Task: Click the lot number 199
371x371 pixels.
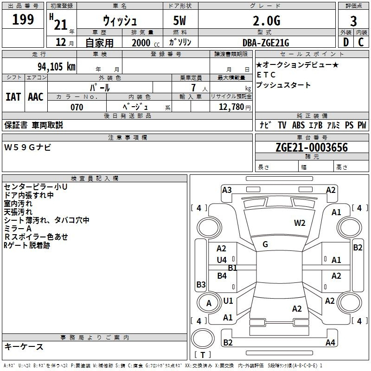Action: point(23,20)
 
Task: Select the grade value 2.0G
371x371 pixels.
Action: point(267,21)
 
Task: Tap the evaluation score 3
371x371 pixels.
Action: point(353,21)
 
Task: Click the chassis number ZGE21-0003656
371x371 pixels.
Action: point(312,148)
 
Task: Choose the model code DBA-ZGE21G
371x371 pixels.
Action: point(266,43)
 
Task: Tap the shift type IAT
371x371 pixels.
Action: point(13,97)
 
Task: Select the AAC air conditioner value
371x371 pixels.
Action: point(36,97)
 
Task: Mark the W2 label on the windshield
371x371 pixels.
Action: point(300,223)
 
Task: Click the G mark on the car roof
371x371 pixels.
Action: point(265,244)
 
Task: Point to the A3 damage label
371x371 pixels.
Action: point(227,190)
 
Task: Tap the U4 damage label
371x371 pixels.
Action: point(222,260)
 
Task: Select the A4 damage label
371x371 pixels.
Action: point(330,343)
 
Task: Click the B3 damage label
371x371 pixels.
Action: point(201,284)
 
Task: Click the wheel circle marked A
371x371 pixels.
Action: point(209,303)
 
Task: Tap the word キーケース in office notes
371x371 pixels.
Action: point(24,346)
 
